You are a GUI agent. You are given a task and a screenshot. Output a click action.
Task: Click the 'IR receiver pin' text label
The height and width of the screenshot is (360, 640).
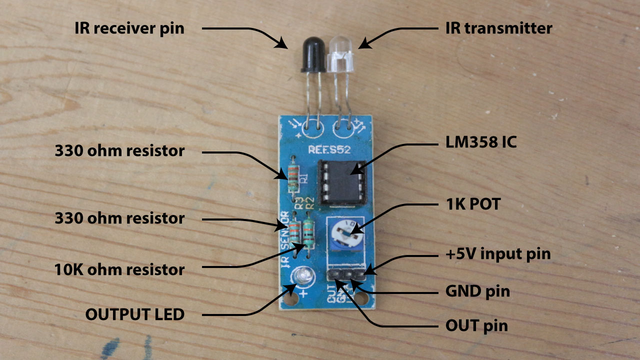(x=129, y=28)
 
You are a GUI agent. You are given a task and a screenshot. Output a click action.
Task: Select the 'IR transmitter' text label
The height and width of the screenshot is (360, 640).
(x=498, y=28)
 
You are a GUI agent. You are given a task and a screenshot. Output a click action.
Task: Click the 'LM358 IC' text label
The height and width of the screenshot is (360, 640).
(x=480, y=143)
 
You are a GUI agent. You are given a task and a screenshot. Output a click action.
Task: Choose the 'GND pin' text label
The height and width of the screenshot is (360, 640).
(x=477, y=291)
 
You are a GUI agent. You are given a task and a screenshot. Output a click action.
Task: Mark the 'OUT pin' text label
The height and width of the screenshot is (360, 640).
(x=476, y=326)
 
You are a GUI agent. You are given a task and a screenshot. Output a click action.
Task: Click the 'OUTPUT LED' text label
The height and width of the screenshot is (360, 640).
(x=135, y=314)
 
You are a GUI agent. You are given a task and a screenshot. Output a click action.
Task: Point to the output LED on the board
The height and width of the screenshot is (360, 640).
(x=303, y=275)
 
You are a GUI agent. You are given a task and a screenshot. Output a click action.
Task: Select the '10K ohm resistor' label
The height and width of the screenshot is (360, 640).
(x=119, y=270)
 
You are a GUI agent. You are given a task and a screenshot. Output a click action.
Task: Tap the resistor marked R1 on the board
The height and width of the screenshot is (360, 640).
(x=293, y=178)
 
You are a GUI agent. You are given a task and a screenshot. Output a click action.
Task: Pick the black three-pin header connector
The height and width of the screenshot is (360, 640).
(x=347, y=274)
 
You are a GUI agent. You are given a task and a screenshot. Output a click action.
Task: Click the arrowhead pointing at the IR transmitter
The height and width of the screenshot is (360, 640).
(x=363, y=45)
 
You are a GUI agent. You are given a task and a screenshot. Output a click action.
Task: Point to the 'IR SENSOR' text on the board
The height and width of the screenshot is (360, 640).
(x=285, y=240)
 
